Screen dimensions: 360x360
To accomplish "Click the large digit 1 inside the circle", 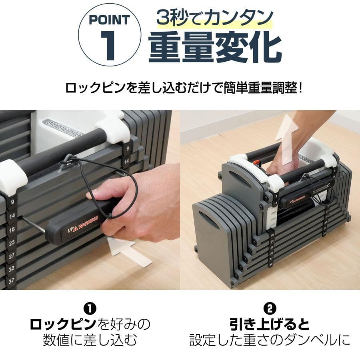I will point(110,47).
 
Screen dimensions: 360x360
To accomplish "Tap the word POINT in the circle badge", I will point(109,20).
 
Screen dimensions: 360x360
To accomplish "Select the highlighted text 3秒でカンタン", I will point(215,18).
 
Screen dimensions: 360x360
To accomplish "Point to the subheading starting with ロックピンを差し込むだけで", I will point(184,87).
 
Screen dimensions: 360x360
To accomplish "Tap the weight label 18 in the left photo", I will point(12,229).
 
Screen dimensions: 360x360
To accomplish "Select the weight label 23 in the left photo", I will point(12,242).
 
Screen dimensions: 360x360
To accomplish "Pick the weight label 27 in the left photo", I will point(12,256).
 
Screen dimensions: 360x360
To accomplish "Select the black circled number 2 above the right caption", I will point(270,309).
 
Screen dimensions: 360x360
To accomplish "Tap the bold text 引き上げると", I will point(270,323).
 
